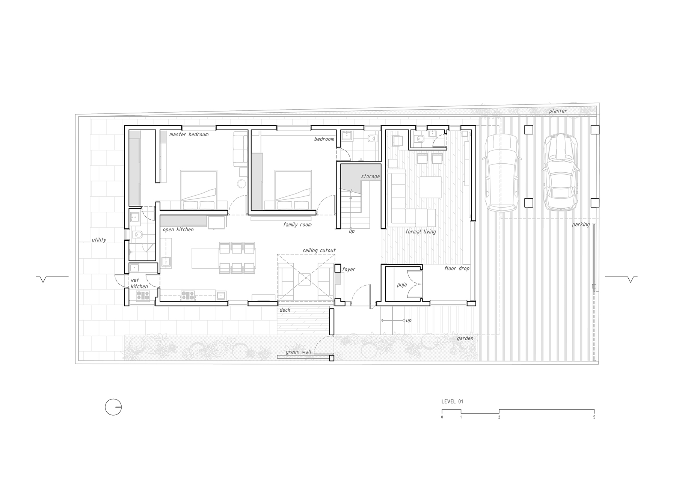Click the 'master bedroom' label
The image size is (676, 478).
[x=189, y=134]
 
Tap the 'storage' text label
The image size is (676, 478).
[x=370, y=176]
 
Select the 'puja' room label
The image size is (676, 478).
[x=402, y=285]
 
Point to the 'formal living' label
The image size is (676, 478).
[x=421, y=232]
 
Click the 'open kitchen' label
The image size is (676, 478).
[x=178, y=230]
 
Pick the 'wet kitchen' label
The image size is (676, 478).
[x=139, y=283]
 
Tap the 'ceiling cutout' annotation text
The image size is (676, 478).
[x=319, y=250]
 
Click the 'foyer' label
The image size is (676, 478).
[x=349, y=270]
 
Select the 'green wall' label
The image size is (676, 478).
[x=299, y=352]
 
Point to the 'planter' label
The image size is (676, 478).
[x=558, y=111]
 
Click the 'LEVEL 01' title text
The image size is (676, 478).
[x=452, y=402]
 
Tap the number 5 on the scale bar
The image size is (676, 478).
[x=594, y=417]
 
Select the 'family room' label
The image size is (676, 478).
[x=297, y=225]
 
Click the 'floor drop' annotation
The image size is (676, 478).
[x=457, y=268]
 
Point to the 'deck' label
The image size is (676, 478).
[x=285, y=310]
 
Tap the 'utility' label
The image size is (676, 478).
[x=99, y=240]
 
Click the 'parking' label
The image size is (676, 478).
[x=581, y=225]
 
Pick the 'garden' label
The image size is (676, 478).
[x=465, y=339]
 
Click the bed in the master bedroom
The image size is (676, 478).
[x=199, y=190]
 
